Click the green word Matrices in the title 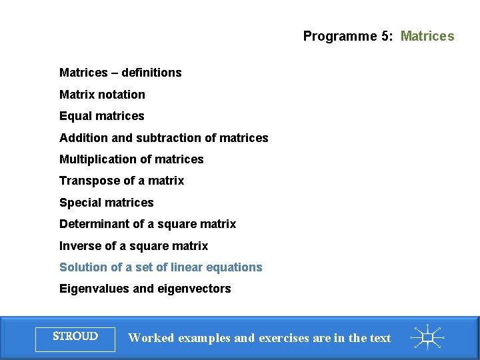pyautogui.click(x=427, y=36)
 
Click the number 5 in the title pyautogui.click(x=386, y=36)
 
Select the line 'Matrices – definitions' pyautogui.click(x=120, y=73)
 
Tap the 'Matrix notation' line pyautogui.click(x=102, y=95)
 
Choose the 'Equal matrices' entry pyautogui.click(x=101, y=116)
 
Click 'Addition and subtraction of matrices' pyautogui.click(x=163, y=138)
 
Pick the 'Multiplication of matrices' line pyautogui.click(x=131, y=159)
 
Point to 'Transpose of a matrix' pyautogui.click(x=121, y=181)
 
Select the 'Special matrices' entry pyautogui.click(x=106, y=203)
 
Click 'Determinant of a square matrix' pyautogui.click(x=147, y=224)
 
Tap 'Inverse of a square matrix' pyautogui.click(x=133, y=246)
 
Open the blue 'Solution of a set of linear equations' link pyautogui.click(x=161, y=267)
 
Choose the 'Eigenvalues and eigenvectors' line pyautogui.click(x=145, y=289)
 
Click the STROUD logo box pyautogui.click(x=75, y=337)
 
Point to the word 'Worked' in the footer pyautogui.click(x=151, y=338)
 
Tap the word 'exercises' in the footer pyautogui.click(x=285, y=338)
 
